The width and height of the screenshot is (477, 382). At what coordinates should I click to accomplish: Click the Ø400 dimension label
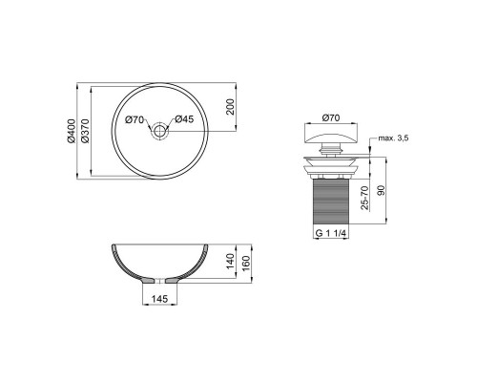72,131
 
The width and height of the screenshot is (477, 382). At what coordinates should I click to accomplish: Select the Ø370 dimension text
85,131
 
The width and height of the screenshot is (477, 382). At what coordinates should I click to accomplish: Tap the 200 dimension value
230,107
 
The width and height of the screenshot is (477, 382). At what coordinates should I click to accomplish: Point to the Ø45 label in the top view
184,119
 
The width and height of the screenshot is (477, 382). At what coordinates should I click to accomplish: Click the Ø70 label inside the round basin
135,119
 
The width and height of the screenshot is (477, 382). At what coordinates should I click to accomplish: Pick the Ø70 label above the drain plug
331,117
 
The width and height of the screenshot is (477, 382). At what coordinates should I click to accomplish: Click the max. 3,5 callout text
393,138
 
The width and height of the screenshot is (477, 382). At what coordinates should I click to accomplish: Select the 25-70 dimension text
365,198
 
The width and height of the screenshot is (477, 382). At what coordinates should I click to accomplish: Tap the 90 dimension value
381,190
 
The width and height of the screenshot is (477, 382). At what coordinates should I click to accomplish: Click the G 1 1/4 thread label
331,233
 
